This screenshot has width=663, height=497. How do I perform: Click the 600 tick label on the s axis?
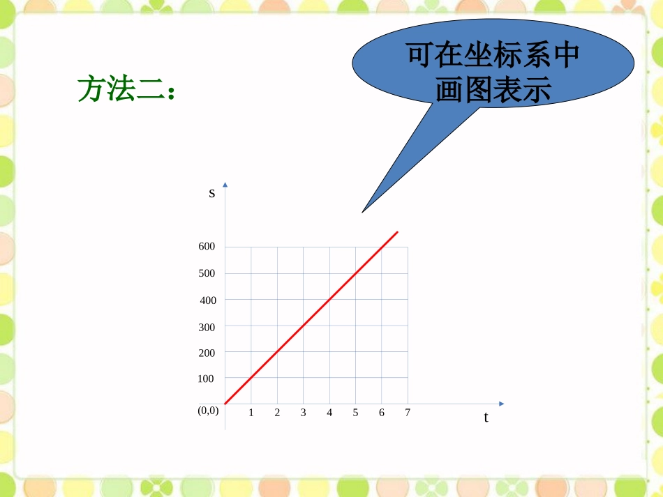tap(207, 247)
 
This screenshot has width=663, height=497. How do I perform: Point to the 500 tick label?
tap(207, 273)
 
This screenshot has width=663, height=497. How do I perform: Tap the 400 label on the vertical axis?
tap(208, 300)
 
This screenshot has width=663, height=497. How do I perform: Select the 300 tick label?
tap(207, 327)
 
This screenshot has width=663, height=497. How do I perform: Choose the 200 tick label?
tap(207, 353)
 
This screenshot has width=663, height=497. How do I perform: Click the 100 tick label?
tap(207, 379)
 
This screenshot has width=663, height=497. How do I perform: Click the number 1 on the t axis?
tap(251, 413)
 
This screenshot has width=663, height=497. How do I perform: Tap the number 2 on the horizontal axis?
tap(277, 413)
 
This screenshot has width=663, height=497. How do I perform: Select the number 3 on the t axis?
tap(304, 413)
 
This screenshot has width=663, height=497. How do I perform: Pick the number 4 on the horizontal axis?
tap(329, 413)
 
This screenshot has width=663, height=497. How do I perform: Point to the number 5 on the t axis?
tap(355, 413)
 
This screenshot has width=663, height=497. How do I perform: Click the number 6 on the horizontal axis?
tap(382, 413)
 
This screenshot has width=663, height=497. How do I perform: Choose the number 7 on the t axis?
tap(408, 413)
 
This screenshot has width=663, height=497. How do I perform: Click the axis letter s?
tap(212, 193)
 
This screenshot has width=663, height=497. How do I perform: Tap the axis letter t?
tap(486, 418)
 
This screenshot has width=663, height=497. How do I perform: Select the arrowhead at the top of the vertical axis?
tap(225, 185)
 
